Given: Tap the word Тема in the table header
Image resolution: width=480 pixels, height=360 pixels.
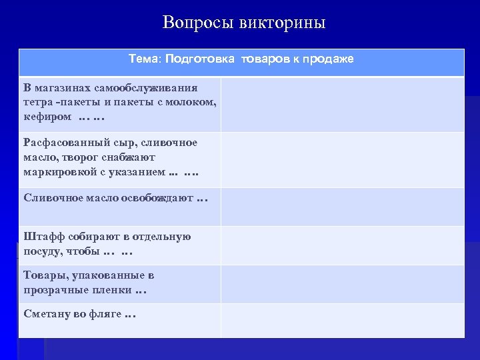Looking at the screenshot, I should click(143, 59).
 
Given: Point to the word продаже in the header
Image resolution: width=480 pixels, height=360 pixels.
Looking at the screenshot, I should click(328, 59).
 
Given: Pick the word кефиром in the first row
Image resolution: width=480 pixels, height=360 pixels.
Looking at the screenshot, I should click(47, 116).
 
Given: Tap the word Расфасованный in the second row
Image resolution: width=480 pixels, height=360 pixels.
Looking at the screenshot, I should click(60, 143).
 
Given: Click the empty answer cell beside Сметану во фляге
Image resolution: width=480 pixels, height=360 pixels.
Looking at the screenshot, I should click(343, 320).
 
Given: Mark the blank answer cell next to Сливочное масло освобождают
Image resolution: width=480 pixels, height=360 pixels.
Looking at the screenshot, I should click(343, 207).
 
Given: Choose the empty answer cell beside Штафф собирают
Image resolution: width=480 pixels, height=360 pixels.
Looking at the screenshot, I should click(343, 245).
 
